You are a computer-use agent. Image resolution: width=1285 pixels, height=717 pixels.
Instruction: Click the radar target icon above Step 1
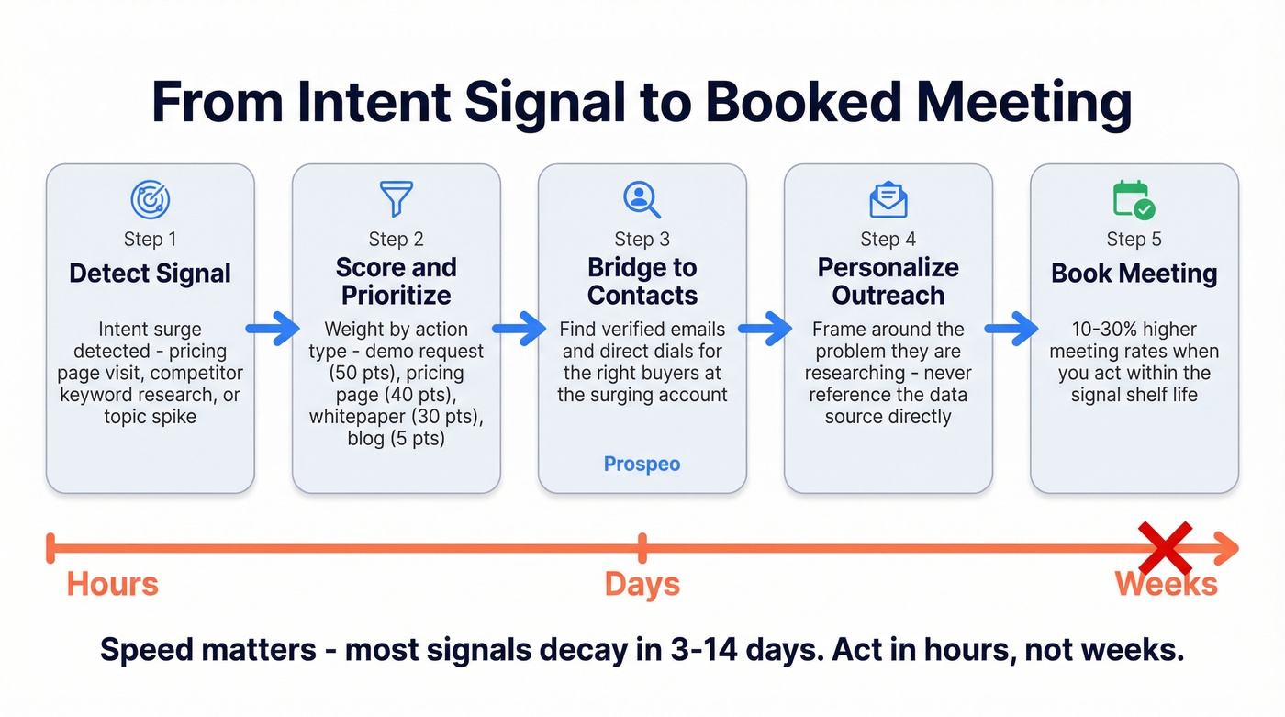150,199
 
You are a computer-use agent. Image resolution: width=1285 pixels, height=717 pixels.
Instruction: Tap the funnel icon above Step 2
397,198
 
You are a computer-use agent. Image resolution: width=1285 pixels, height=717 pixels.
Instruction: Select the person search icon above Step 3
642,199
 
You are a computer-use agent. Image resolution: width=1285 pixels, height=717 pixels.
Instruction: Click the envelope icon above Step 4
888,199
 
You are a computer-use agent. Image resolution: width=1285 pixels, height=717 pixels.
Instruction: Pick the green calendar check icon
1134,199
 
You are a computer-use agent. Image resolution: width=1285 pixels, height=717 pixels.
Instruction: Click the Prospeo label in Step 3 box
642,464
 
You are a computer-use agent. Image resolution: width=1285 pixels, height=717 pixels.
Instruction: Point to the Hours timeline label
113,584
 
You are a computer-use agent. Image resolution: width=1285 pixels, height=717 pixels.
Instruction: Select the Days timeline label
642,584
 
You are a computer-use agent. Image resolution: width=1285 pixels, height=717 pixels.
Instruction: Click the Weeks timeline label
1166,584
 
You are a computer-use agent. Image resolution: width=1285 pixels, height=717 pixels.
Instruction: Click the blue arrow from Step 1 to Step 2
273,328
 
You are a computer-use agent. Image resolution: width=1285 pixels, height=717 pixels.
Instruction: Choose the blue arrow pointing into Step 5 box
1011,328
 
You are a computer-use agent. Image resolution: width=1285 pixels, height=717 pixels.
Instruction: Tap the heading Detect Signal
150,273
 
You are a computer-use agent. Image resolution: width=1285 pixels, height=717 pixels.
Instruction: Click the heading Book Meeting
1134,273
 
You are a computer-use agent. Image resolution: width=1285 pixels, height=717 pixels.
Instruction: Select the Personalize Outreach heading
888,281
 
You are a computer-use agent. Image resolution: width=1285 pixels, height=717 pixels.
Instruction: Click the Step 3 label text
642,240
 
